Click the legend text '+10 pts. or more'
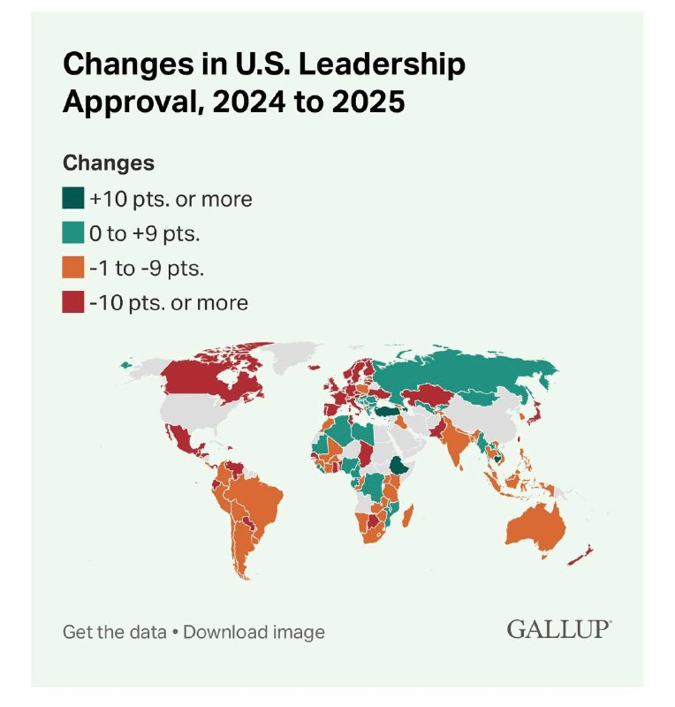click(171, 199)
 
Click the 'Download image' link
click(254, 632)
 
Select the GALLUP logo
click(559, 629)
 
